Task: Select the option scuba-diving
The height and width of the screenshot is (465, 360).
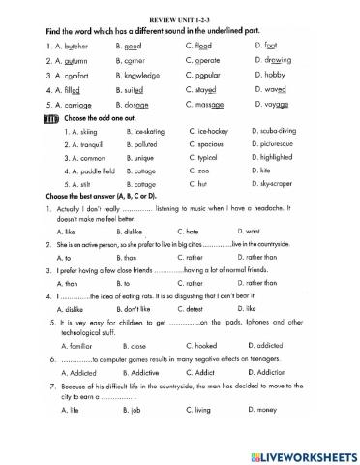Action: pos(281,129)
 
